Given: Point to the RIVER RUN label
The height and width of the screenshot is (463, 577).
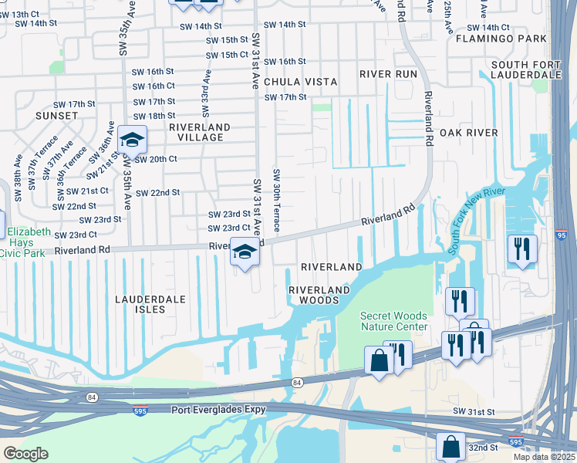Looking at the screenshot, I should [x=388, y=74].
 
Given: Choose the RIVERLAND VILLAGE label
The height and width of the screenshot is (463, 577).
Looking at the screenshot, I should [x=200, y=132].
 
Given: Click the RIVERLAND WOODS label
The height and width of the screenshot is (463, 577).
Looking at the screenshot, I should [x=319, y=295].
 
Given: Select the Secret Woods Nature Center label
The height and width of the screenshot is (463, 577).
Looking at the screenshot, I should [x=394, y=321].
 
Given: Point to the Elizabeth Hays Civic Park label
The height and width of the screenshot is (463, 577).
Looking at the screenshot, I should [x=29, y=239].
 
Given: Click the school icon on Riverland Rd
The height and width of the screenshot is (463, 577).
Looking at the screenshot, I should [x=245, y=252].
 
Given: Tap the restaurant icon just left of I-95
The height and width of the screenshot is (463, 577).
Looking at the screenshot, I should [x=522, y=248].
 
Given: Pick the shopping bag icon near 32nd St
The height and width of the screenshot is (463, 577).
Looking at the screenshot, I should [x=450, y=446].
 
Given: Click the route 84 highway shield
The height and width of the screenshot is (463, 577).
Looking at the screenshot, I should [x=297, y=382].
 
